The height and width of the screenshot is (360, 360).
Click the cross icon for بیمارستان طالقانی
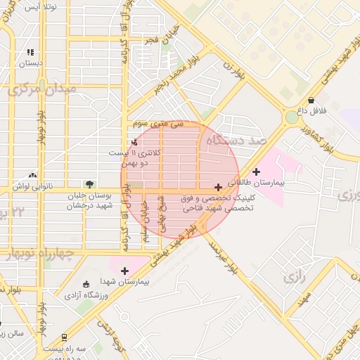pos(256,172)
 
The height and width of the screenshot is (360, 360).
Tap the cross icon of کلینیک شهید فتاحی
pos(219,187)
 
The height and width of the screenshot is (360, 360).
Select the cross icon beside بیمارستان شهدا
pos(125,271)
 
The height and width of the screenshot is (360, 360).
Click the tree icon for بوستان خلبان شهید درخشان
pos(88,184)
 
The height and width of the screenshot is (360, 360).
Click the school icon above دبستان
pos(30,52)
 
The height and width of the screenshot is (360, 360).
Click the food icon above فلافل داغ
pos(311,100)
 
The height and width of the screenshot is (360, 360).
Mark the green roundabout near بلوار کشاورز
pos(292,117)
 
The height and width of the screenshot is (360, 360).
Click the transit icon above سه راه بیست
pos(65,337)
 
